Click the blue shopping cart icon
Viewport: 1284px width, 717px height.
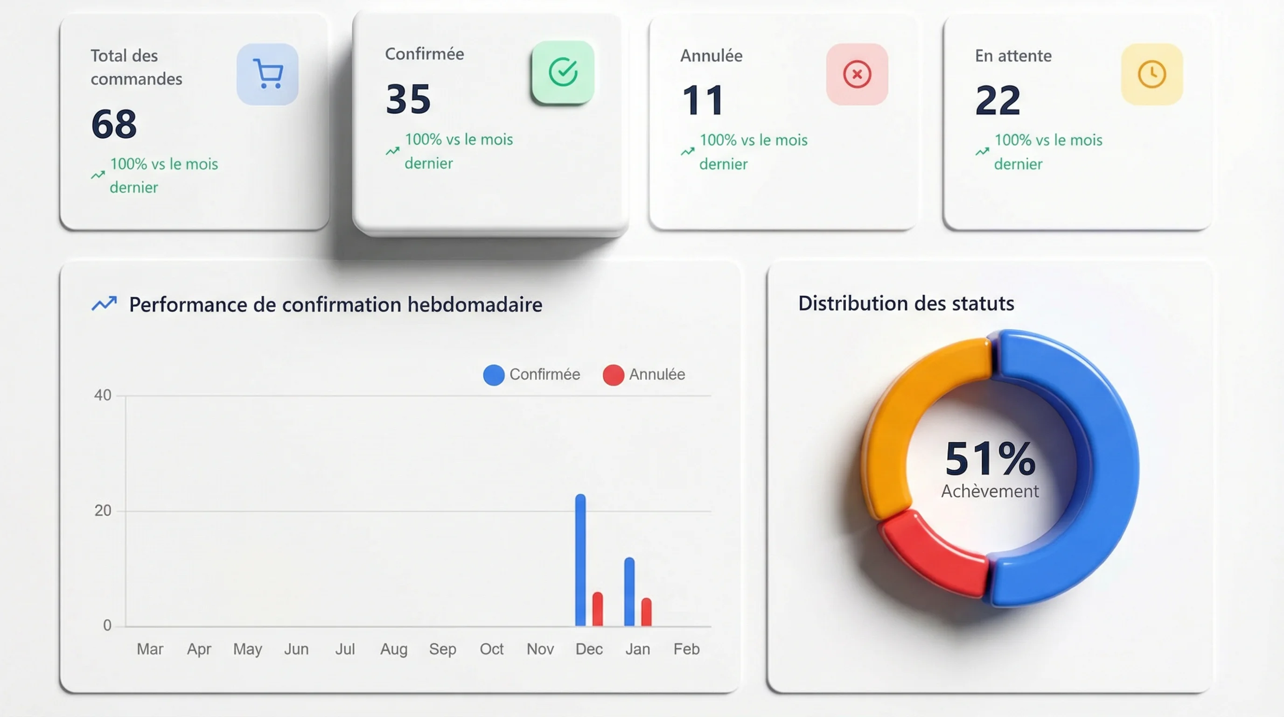pos(268,74)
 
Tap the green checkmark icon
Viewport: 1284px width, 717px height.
pos(563,72)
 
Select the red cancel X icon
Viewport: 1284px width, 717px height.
pos(857,74)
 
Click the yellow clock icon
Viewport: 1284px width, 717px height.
pos(1151,74)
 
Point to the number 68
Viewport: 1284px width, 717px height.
pos(114,124)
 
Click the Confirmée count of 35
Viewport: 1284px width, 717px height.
pos(408,98)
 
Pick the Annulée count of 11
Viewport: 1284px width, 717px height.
pos(703,100)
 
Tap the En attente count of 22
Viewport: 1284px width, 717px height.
pos(998,100)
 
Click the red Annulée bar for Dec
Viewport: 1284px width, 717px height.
pos(597,609)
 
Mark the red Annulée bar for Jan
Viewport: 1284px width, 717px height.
pos(646,612)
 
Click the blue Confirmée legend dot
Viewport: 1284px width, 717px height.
pos(494,375)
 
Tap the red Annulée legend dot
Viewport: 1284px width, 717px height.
pos(613,375)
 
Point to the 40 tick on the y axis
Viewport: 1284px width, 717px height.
pos(103,395)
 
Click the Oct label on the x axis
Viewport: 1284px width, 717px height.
pos(491,649)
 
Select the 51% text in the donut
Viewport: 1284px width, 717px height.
pos(990,459)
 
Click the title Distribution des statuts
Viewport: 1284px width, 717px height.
pos(906,303)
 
